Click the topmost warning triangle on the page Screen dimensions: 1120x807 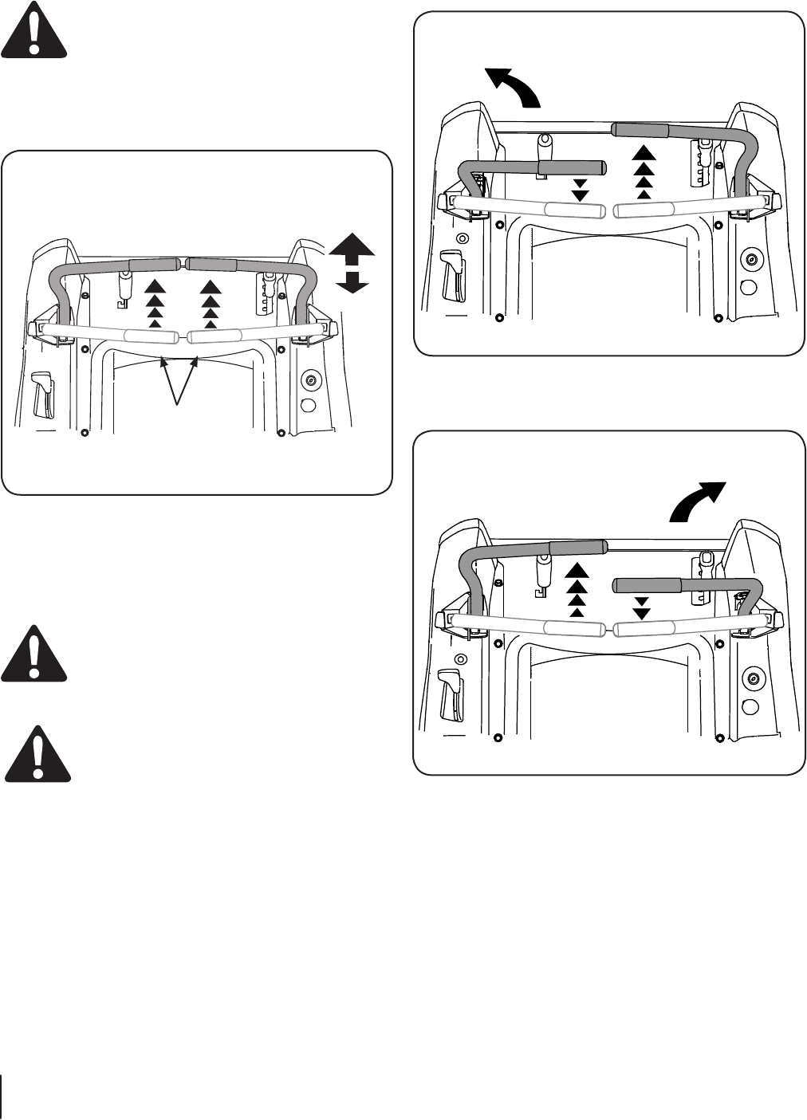pyautogui.click(x=34, y=29)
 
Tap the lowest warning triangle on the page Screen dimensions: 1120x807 pyautogui.click(x=37, y=753)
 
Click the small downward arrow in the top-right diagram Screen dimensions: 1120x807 pyautogui.click(x=581, y=190)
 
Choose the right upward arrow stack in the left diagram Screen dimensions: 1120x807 pyautogui.click(x=210, y=304)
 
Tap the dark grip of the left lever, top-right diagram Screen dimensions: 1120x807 pyautogui.click(x=573, y=167)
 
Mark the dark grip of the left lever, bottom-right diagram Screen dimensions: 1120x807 pyautogui.click(x=579, y=547)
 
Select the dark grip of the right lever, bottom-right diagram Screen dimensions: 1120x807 pyautogui.click(x=647, y=586)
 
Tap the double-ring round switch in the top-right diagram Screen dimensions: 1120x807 pyautogui.click(x=750, y=258)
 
